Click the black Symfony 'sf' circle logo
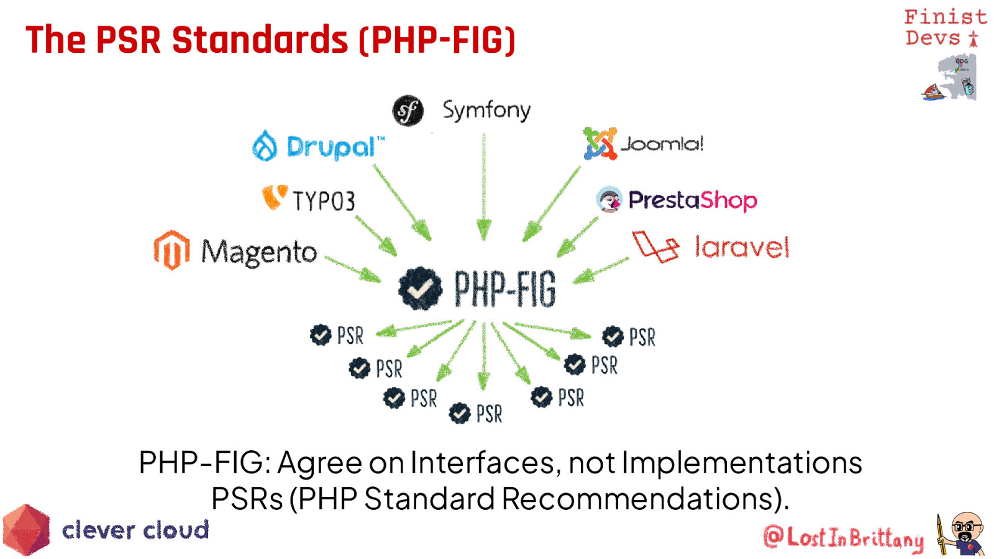coord(408,111)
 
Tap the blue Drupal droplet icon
coord(265,145)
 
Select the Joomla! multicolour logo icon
coord(600,143)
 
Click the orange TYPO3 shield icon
coord(275,197)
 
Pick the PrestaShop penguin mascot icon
coord(609,199)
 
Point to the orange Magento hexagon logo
coord(171,250)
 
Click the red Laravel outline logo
coord(655,247)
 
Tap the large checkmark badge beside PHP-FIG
coord(420,288)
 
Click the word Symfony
coord(486,110)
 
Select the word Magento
coord(259,253)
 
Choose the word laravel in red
coord(742,247)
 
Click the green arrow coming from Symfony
coord(484,187)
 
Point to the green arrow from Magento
coord(353,270)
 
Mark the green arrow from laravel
coord(601,270)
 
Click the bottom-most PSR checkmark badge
coord(459,414)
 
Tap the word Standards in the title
coord(260,40)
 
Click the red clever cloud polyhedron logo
coord(26,530)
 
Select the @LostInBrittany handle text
coord(843,537)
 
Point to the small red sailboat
coord(933,92)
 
